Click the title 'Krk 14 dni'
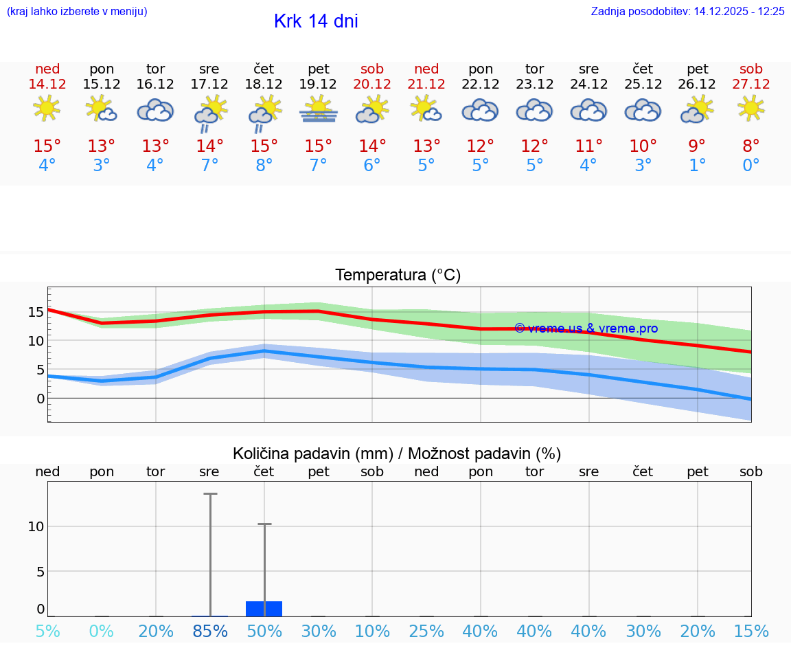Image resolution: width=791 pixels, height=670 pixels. click(316, 21)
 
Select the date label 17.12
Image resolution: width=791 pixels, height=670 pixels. click(209, 84)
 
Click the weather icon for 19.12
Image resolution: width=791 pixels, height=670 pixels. click(318, 110)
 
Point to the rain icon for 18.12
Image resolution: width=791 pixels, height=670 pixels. click(264, 111)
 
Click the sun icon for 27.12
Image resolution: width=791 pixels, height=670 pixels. click(750, 108)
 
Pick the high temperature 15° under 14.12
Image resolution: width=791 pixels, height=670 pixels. click(47, 146)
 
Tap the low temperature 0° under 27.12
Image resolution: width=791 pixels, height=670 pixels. click(750, 166)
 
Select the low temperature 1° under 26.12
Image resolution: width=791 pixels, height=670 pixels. click(697, 166)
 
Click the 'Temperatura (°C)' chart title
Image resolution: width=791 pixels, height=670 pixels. click(398, 276)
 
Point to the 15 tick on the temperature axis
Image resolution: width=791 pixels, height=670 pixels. click(36, 311)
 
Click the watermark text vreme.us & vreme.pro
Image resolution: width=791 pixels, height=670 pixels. click(586, 328)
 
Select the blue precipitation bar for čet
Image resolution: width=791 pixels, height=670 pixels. click(264, 608)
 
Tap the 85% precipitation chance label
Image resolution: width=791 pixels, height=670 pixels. click(209, 631)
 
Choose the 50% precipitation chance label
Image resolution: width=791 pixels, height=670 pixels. click(264, 631)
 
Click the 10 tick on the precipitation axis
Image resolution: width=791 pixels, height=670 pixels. click(36, 526)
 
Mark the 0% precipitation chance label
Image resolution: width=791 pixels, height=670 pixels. click(101, 631)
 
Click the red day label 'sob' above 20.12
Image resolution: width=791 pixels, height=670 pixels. click(372, 69)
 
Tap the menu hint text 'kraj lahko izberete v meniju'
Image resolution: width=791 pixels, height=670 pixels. click(77, 12)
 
